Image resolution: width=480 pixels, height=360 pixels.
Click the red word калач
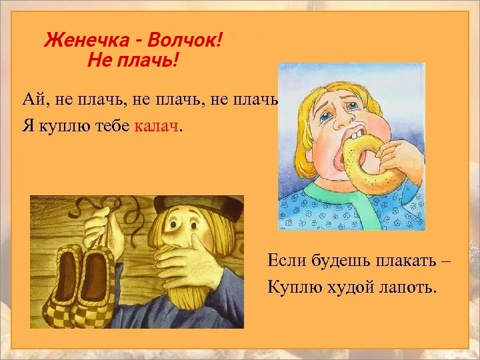[157, 127]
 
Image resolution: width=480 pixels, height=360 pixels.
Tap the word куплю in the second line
[56, 127]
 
